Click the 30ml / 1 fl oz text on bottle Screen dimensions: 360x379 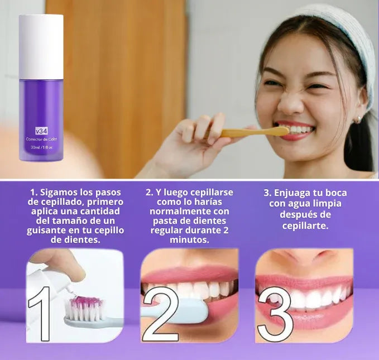coord(41,147)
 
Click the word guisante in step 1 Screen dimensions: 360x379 coord(50,230)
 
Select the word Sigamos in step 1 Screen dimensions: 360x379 coord(61,192)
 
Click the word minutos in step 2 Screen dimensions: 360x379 coord(190,240)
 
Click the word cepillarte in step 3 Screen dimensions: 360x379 coord(305,225)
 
